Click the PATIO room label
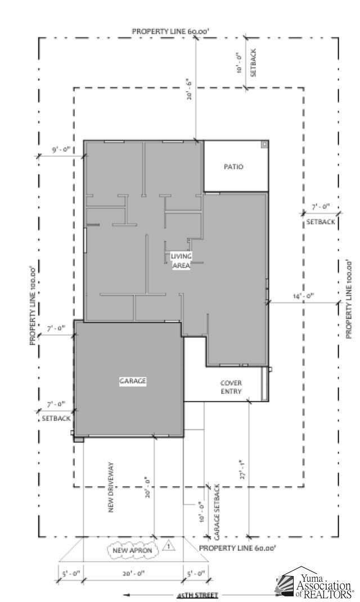(x=233, y=166)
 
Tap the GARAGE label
(x=133, y=381)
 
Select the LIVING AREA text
(x=181, y=261)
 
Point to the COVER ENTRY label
(x=231, y=387)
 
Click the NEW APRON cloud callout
(x=132, y=550)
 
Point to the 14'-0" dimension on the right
(x=303, y=296)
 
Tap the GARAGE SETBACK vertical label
(x=217, y=509)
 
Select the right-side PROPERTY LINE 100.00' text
(x=349, y=298)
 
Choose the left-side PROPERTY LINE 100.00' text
(x=33, y=305)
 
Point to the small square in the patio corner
(x=264, y=144)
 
